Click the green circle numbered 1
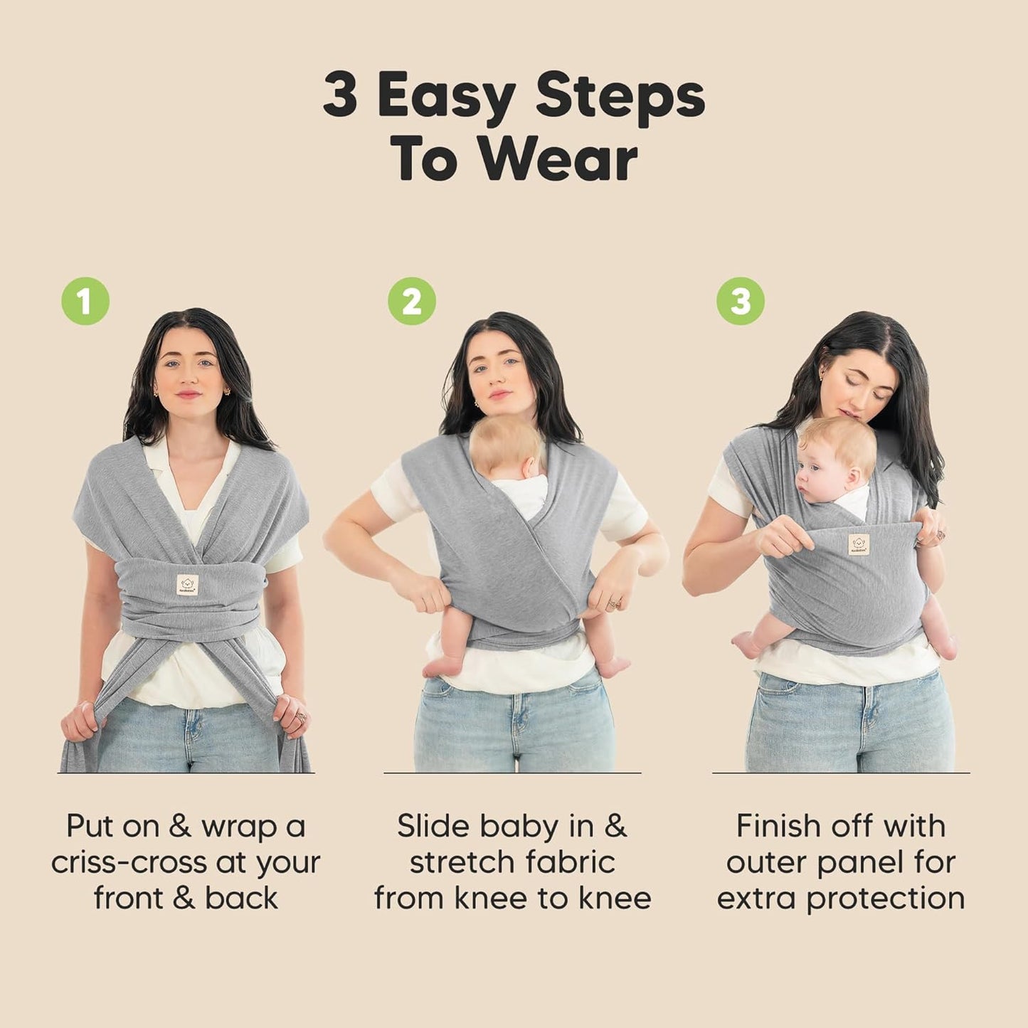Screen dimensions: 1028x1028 click(85, 301)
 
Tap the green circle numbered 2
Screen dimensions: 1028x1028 click(412, 301)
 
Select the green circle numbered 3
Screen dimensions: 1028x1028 click(740, 301)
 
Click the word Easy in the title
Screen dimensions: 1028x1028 click(446, 96)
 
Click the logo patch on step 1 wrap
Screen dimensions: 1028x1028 click(187, 585)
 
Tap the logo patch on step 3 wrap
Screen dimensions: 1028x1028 click(859, 544)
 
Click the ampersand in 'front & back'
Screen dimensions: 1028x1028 click(184, 899)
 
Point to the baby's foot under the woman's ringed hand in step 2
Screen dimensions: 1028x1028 click(613, 667)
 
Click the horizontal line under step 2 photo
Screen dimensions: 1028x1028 click(512, 773)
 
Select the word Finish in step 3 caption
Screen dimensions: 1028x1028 click(778, 826)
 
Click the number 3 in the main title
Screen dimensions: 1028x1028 click(340, 96)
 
